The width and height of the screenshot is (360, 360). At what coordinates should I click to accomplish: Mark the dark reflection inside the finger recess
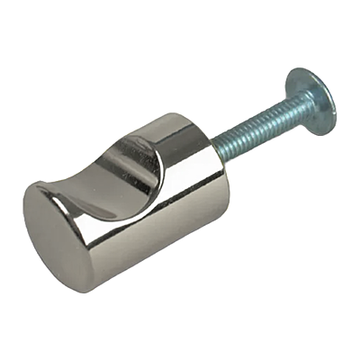click(x=148, y=166)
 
